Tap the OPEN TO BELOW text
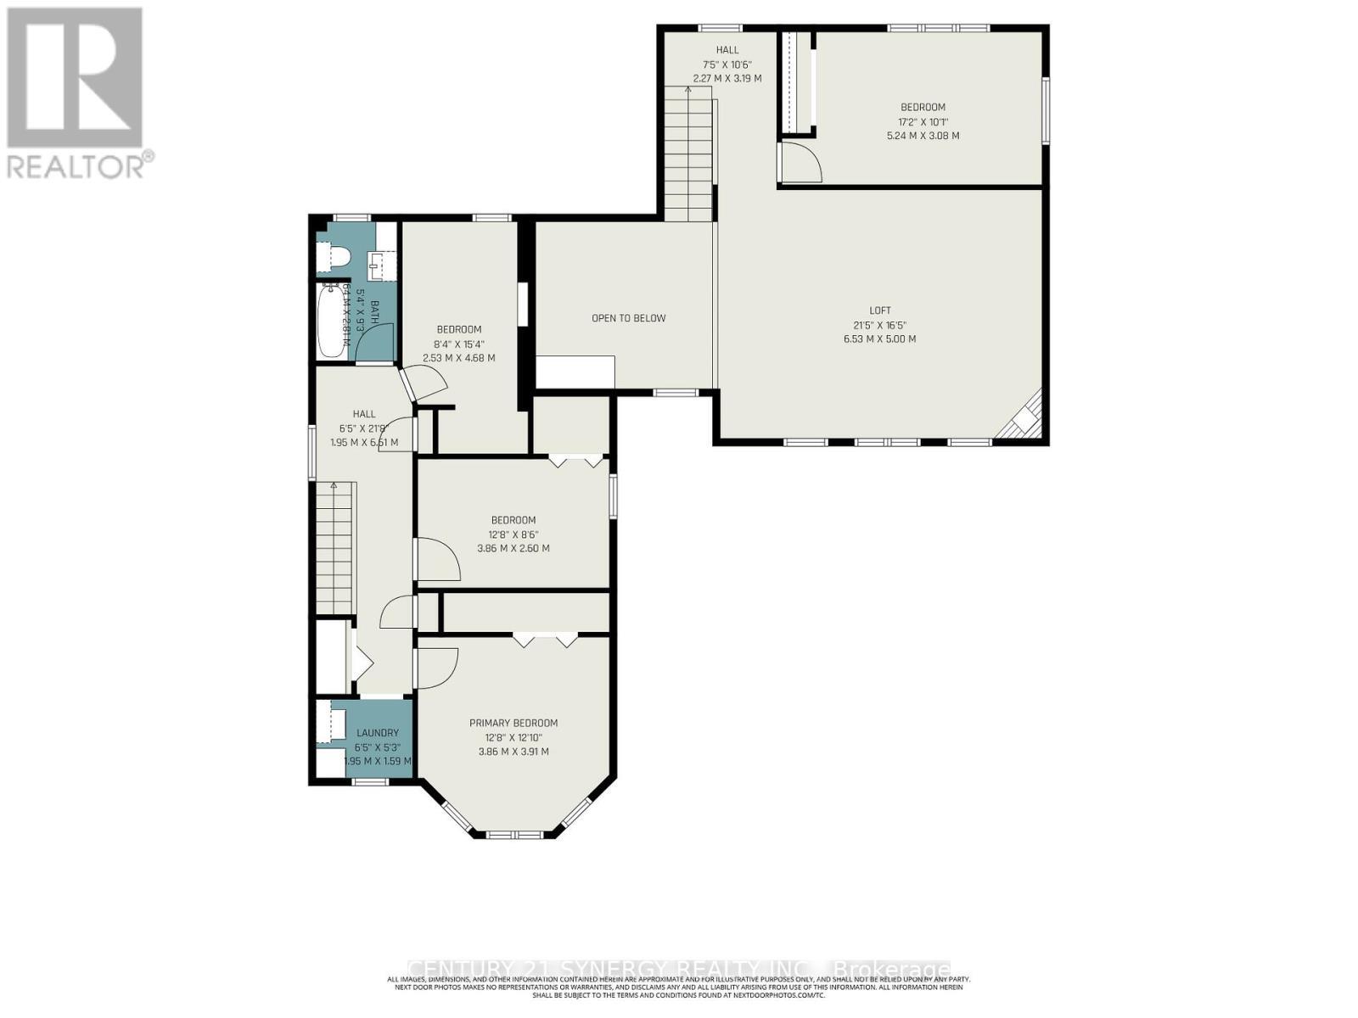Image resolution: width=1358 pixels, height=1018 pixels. click(x=628, y=318)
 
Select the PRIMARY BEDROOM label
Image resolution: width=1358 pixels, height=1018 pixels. click(x=513, y=723)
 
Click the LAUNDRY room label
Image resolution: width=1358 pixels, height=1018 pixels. click(x=377, y=733)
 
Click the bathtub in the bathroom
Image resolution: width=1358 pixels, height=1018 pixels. click(x=328, y=323)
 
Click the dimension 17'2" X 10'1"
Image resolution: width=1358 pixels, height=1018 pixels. click(x=923, y=121)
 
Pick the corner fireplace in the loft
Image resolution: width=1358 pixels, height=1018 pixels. click(x=1024, y=419)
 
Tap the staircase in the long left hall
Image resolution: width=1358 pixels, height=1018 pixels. click(x=334, y=547)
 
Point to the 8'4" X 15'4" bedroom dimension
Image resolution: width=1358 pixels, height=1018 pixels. click(x=458, y=344)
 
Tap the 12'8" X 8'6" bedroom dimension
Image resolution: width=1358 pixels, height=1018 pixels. click(x=513, y=534)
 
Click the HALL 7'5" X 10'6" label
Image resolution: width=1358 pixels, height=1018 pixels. click(x=727, y=64)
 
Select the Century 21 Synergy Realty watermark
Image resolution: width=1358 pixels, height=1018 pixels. click(x=679, y=969)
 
